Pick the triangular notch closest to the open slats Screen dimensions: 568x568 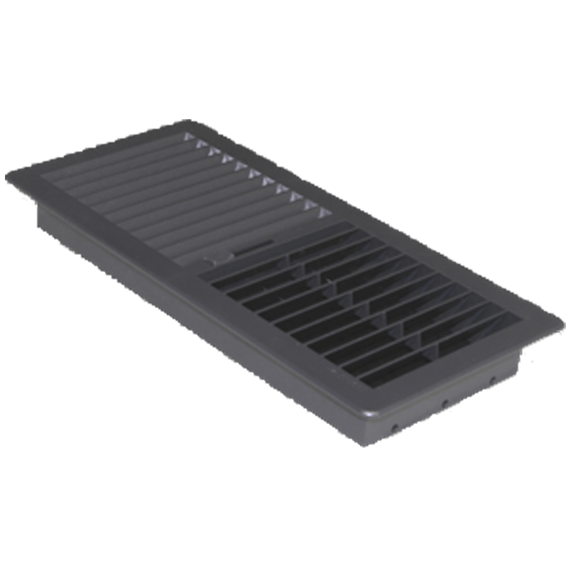[325, 212]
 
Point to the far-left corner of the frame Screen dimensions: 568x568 [10, 177]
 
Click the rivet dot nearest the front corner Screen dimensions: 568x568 [395, 428]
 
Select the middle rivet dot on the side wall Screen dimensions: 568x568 [445, 403]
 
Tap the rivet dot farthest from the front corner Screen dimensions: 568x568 [492, 380]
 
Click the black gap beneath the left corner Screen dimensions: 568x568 [21, 202]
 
